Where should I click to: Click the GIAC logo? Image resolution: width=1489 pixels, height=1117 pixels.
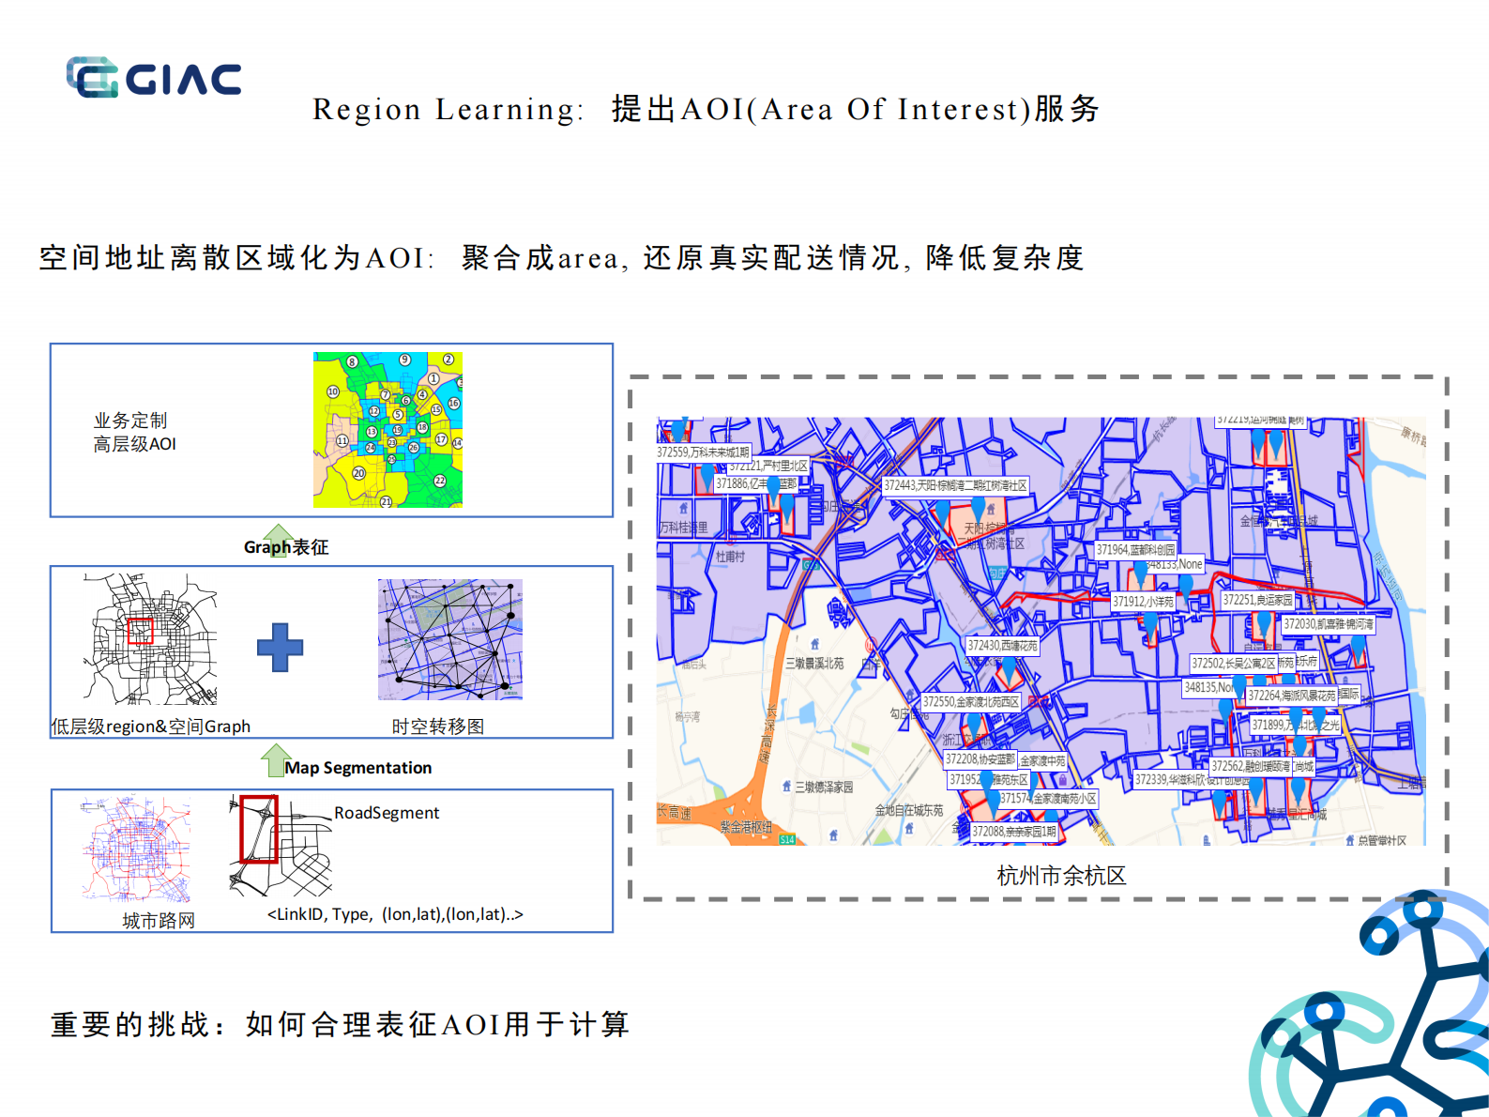tap(154, 78)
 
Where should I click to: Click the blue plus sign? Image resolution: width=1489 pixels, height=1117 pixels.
tap(280, 647)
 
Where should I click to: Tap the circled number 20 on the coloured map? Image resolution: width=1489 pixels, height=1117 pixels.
tap(358, 473)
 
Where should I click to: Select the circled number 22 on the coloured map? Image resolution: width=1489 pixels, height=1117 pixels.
tap(440, 481)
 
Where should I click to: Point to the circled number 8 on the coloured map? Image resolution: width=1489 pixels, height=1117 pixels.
tap(352, 361)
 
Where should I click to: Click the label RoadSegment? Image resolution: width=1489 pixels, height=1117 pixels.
tap(387, 813)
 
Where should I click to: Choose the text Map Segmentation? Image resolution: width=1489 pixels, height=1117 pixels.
tap(357, 768)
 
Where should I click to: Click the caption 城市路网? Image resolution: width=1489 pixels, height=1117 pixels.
tap(159, 921)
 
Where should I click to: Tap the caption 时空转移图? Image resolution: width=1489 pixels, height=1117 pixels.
tap(438, 727)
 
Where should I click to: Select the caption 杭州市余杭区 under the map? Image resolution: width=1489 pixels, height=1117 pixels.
tap(1060, 876)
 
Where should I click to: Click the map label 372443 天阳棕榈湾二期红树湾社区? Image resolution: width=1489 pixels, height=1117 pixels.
tap(955, 485)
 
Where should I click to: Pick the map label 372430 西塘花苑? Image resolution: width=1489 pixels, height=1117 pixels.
tap(1002, 646)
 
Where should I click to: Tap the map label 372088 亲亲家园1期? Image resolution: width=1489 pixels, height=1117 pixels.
tap(1013, 832)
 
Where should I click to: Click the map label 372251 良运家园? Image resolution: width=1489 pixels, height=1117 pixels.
tap(1257, 600)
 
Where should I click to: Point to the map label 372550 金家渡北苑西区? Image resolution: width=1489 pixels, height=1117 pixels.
tap(970, 701)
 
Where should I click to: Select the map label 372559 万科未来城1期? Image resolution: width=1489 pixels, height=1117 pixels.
tap(703, 452)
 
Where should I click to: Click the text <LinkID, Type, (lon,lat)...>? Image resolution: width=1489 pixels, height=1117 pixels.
tap(395, 914)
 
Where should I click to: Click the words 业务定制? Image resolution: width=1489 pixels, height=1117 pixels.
tap(130, 421)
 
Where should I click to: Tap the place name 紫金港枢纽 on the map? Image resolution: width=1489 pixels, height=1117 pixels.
tap(746, 827)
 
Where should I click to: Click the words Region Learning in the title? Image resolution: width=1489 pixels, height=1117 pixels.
tap(446, 110)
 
